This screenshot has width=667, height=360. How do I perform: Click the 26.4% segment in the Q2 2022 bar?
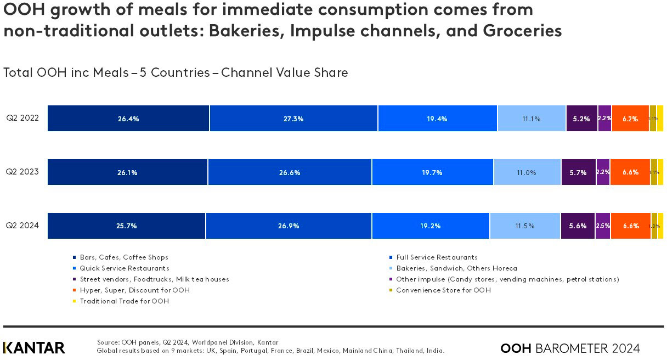coord(128,119)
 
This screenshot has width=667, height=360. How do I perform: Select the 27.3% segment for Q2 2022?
coord(293,119)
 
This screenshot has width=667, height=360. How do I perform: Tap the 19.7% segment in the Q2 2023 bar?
coord(433,172)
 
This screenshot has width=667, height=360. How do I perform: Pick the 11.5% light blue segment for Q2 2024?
coord(525,226)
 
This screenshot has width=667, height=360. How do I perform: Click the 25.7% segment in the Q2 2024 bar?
coord(127,226)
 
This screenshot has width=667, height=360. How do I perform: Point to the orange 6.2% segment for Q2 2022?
coord(630,119)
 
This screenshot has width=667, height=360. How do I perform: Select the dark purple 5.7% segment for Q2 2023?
coord(578,172)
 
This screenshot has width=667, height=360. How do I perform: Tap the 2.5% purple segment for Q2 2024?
coord(602,226)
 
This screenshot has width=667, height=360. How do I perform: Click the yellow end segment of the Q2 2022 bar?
coord(660,119)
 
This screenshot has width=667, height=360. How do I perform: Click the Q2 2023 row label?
coord(22,172)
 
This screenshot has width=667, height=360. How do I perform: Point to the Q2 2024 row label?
coord(22,226)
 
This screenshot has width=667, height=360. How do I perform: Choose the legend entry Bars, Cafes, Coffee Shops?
coord(123,257)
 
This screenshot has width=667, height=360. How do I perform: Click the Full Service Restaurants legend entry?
coord(437,257)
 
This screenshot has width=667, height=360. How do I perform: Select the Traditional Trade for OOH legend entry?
coord(124,301)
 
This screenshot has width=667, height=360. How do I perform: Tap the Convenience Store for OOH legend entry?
coord(443,290)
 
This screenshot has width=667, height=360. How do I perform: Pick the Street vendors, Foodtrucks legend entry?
coord(154,279)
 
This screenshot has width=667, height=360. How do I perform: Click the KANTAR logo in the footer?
coord(34,348)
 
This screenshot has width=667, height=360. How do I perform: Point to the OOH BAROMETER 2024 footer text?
coord(570,348)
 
